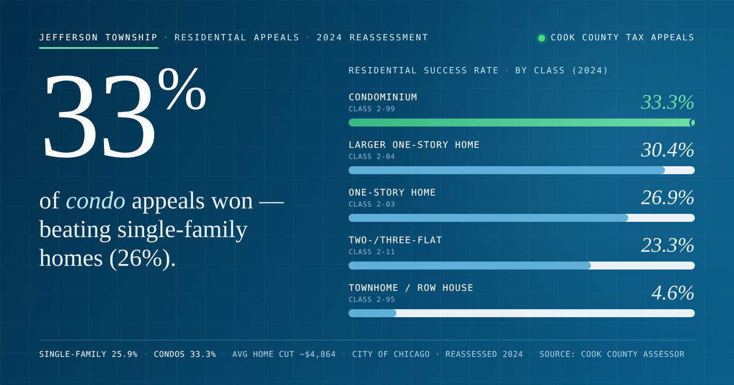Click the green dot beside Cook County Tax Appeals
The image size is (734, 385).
pos(541,38)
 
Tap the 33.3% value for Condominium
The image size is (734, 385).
pos(667,102)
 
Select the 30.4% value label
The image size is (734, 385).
pos(667,150)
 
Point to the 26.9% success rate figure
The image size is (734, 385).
pos(667,198)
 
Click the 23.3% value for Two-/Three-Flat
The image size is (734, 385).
pos(667,245)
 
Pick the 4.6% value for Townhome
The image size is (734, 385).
pos(672,293)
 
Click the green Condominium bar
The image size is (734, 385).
pos(522,122)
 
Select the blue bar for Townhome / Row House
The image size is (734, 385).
pos(373,313)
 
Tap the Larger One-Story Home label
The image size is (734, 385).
pos(414,145)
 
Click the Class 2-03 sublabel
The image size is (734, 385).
pos(372,204)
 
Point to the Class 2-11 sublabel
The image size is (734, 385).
pos(372,252)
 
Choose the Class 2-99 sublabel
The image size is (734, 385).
pos(372,109)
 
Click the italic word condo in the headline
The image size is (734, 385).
pos(95,200)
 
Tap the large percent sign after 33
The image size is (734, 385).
pos(182,89)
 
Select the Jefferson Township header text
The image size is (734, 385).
pos(98,37)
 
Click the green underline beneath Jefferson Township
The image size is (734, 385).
pos(98,48)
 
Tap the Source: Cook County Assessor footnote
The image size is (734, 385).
pos(612,354)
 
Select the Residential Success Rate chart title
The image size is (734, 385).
pos(478,71)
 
